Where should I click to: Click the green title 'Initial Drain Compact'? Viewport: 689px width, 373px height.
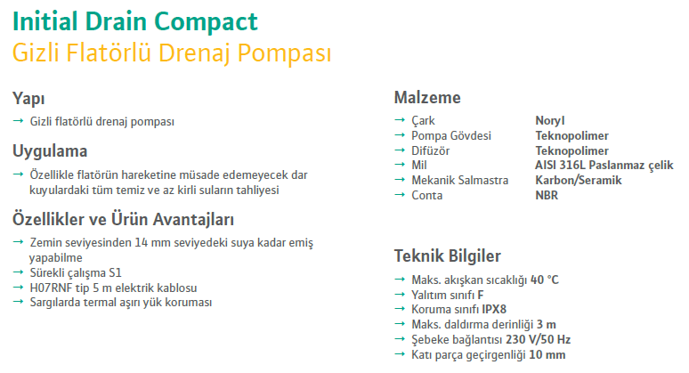click(x=135, y=22)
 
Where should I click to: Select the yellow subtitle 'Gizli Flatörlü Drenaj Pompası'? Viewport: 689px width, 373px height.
click(x=172, y=53)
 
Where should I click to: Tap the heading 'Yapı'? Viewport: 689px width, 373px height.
click(x=28, y=99)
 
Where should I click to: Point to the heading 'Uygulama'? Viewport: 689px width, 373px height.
click(x=50, y=151)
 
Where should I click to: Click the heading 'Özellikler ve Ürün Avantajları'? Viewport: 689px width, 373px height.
click(x=123, y=219)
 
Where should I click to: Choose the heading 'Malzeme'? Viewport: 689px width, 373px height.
click(x=427, y=98)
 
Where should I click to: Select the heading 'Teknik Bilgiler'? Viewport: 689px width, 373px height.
click(x=448, y=256)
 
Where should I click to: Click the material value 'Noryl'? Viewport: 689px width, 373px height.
click(x=550, y=121)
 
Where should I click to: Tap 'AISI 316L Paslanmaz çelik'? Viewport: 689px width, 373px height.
click(x=604, y=166)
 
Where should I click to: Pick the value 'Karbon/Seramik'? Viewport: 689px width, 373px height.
click(x=579, y=180)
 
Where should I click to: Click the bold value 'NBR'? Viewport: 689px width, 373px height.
click(x=547, y=196)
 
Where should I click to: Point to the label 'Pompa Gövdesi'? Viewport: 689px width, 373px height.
click(x=451, y=135)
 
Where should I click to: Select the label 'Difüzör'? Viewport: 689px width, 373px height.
click(x=431, y=150)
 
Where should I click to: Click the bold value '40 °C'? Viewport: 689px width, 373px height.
click(x=545, y=280)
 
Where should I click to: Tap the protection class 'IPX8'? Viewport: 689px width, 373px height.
click(x=494, y=309)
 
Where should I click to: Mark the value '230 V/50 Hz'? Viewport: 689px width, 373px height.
click(x=539, y=339)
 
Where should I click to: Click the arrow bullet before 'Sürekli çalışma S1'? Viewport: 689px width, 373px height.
click(x=18, y=272)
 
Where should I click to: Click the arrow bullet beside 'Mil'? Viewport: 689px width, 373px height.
click(x=400, y=165)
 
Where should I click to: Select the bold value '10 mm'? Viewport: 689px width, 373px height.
click(x=547, y=355)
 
